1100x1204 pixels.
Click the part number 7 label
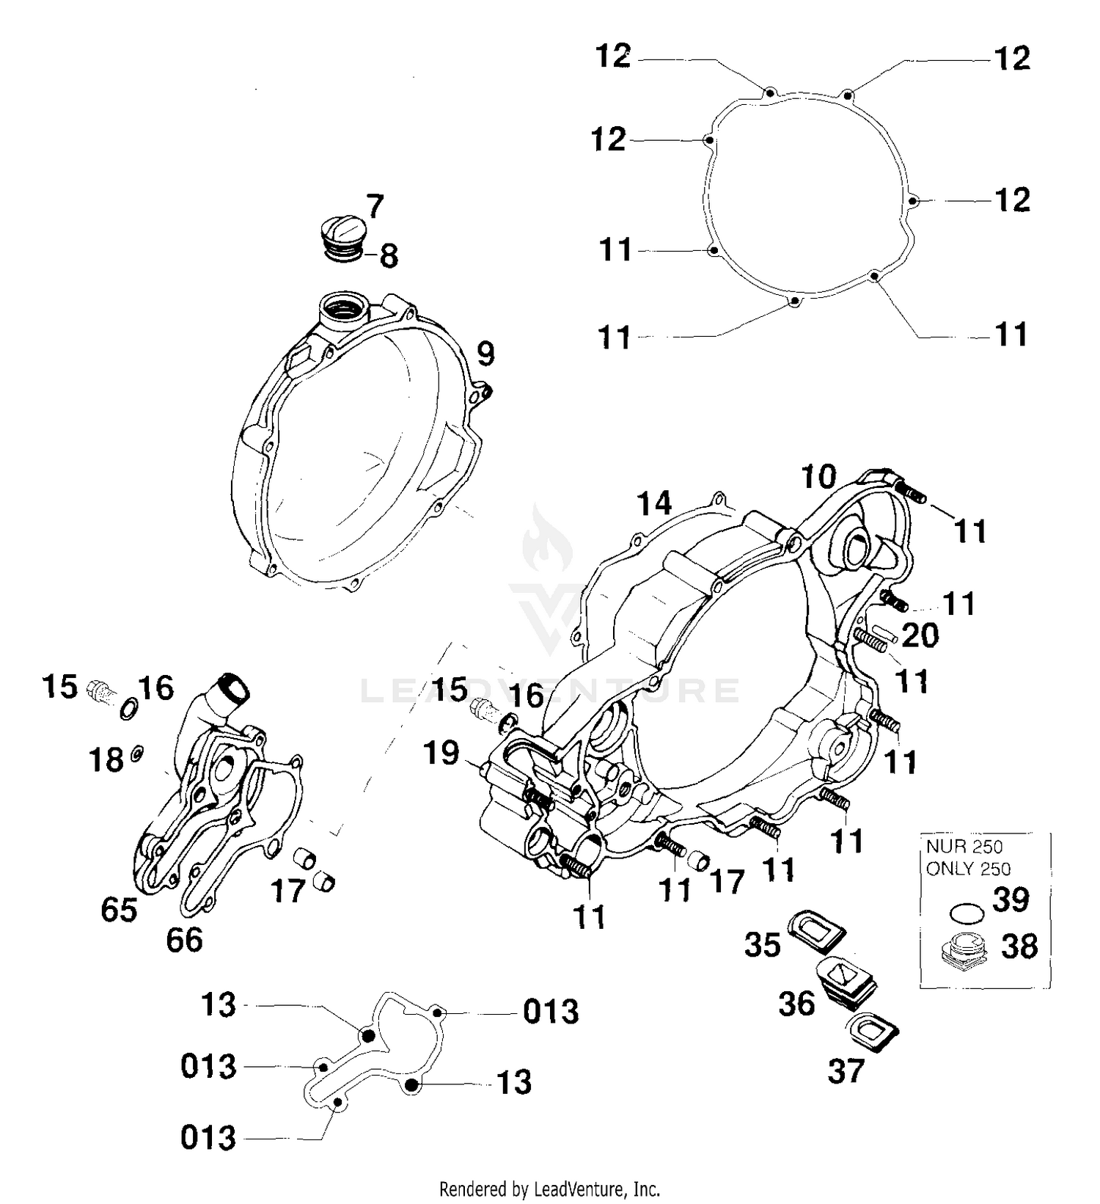click(x=375, y=208)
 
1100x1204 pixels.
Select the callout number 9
click(x=485, y=354)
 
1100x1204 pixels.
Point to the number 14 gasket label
click(x=653, y=505)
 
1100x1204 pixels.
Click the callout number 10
click(x=818, y=478)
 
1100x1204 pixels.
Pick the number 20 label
click(x=920, y=635)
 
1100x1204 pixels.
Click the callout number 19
click(x=441, y=754)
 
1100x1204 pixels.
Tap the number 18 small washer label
click(x=106, y=761)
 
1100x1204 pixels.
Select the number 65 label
click(x=119, y=911)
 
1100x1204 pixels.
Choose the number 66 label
click(x=184, y=940)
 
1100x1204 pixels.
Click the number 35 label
click(x=762, y=946)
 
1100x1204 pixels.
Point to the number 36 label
click(x=796, y=1004)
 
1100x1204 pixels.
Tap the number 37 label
click(x=846, y=1072)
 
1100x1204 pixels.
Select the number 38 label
click(x=1019, y=947)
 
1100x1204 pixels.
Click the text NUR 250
click(x=964, y=847)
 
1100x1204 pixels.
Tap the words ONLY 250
click(x=968, y=869)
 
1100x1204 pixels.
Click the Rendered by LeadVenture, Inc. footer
click(x=549, y=1188)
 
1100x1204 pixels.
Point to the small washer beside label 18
click(x=137, y=753)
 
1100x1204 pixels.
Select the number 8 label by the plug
click(x=389, y=256)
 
